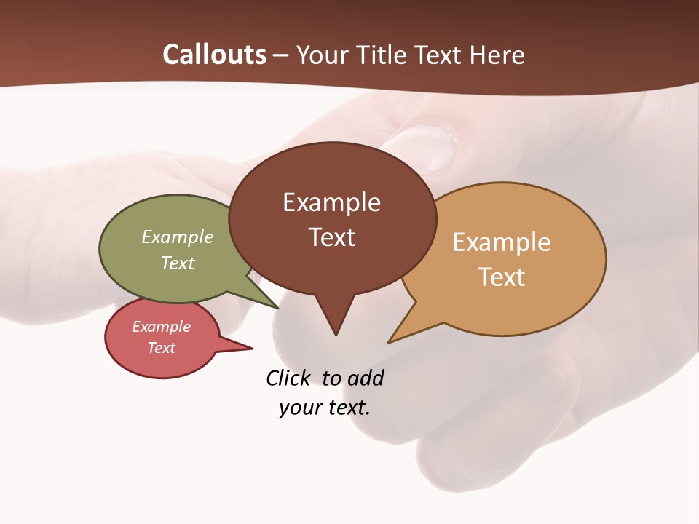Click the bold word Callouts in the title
pyautogui.click(x=214, y=55)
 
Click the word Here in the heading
pyautogui.click(x=497, y=55)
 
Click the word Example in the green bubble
pyautogui.click(x=178, y=237)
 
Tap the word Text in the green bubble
pyautogui.click(x=178, y=263)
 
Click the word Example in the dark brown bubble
pyautogui.click(x=331, y=202)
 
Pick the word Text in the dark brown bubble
pyautogui.click(x=331, y=237)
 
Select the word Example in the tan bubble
pyautogui.click(x=502, y=242)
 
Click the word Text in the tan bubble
pyautogui.click(x=502, y=277)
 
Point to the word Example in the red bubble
pyautogui.click(x=161, y=327)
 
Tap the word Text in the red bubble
pyautogui.click(x=161, y=348)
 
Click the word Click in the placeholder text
pyautogui.click(x=288, y=378)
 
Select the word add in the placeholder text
pyautogui.click(x=365, y=378)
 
